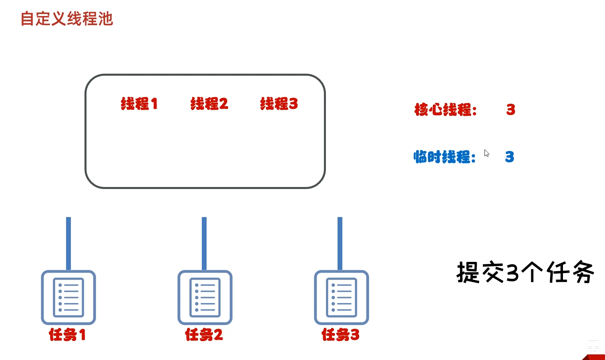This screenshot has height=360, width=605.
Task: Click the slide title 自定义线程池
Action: tap(66, 19)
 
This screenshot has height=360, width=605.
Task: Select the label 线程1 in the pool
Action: tap(139, 104)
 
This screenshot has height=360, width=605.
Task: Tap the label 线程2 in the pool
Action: tap(209, 104)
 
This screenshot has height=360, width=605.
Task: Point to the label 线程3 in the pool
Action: tap(279, 104)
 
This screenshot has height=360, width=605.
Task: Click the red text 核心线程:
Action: tap(445, 109)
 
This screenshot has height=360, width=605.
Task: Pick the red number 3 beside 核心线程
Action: tap(511, 109)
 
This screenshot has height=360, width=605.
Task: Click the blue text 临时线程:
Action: tap(444, 157)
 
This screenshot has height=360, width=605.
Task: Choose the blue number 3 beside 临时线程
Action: tap(509, 157)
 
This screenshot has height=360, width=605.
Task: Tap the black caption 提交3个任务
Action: tap(525, 273)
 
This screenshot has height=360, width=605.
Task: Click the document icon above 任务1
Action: tap(68, 298)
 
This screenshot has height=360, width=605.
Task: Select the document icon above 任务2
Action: tap(205, 298)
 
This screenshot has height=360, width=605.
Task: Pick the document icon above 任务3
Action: tap(341, 298)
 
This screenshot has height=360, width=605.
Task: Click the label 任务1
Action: tap(67, 334)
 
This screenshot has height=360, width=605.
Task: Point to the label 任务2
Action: tap(204, 334)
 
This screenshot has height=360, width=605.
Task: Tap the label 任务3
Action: tap(340, 334)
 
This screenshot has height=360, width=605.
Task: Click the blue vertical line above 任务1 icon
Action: tap(68, 243)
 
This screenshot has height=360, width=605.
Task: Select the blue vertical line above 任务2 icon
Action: tap(204, 243)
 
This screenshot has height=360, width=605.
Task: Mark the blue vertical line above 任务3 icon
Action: tap(340, 243)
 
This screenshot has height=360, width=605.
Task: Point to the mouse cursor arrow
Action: tap(486, 153)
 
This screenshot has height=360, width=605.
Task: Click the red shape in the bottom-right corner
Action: tap(596, 356)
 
